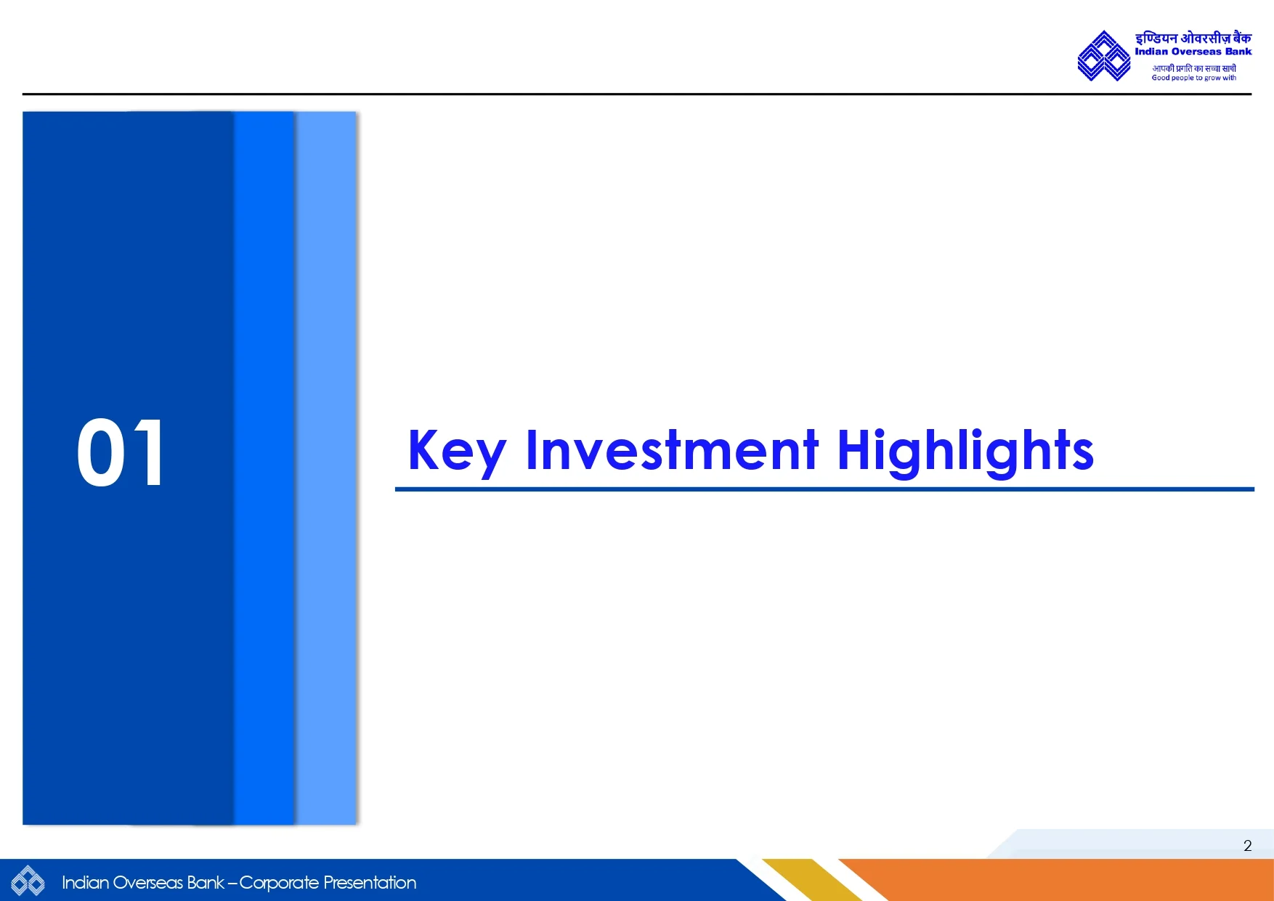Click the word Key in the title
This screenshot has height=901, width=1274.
click(456, 452)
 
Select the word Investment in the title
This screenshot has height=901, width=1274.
click(672, 449)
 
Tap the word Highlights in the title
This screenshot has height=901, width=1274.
click(965, 452)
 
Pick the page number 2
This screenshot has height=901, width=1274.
click(1247, 846)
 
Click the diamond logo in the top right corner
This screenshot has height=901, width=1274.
click(1104, 56)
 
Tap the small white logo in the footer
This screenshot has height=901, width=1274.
click(28, 881)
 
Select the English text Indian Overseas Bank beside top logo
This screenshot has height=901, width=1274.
click(1193, 52)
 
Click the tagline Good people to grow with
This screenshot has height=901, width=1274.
click(1193, 78)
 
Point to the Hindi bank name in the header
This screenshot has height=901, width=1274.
click(1193, 38)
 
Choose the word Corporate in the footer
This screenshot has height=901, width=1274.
click(279, 883)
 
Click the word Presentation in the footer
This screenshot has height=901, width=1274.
click(370, 882)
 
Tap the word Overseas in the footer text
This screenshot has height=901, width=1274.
click(148, 882)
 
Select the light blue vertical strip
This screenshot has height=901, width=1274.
click(326, 468)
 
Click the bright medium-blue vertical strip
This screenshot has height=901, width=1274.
click(264, 468)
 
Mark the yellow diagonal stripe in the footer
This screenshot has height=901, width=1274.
click(812, 880)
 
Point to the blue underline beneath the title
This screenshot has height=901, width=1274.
click(824, 489)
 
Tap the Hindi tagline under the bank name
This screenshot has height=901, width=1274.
click(1193, 68)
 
